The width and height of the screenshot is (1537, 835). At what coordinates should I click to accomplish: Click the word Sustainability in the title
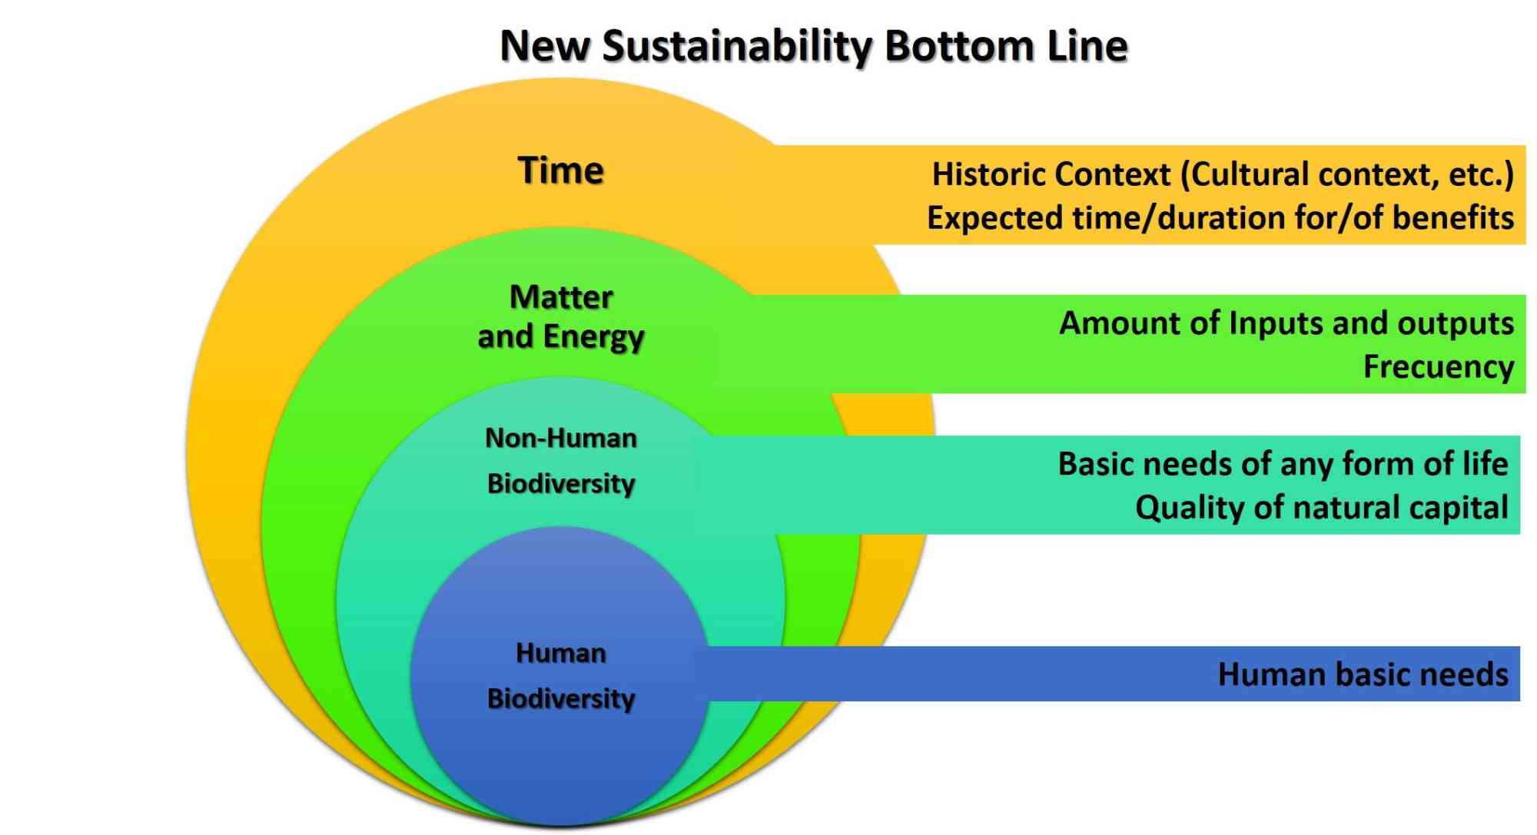click(x=736, y=47)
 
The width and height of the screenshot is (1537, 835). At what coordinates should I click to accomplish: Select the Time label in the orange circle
click(x=561, y=170)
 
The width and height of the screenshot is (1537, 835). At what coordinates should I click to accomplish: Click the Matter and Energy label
click(x=561, y=316)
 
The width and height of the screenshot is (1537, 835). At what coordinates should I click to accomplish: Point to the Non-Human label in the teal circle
click(x=561, y=438)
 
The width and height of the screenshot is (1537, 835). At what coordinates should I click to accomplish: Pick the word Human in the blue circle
click(x=561, y=653)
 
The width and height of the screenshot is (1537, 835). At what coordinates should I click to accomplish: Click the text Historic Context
click(x=1051, y=174)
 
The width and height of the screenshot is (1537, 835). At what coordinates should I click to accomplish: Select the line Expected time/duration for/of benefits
click(x=1220, y=218)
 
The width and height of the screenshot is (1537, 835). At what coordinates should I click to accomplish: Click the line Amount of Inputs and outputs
click(x=1286, y=323)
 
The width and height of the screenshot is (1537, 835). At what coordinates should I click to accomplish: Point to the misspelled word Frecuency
click(x=1439, y=367)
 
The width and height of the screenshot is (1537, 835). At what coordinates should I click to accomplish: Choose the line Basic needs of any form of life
click(x=1283, y=464)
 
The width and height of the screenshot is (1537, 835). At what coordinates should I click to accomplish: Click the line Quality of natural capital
click(x=1322, y=508)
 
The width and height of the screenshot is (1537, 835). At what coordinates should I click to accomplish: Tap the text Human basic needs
click(x=1363, y=674)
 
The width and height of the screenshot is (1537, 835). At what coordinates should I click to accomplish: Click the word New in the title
click(x=544, y=45)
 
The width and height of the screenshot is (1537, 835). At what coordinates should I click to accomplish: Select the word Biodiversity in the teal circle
click(x=561, y=484)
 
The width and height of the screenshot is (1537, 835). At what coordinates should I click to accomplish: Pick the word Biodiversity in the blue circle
click(x=561, y=699)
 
